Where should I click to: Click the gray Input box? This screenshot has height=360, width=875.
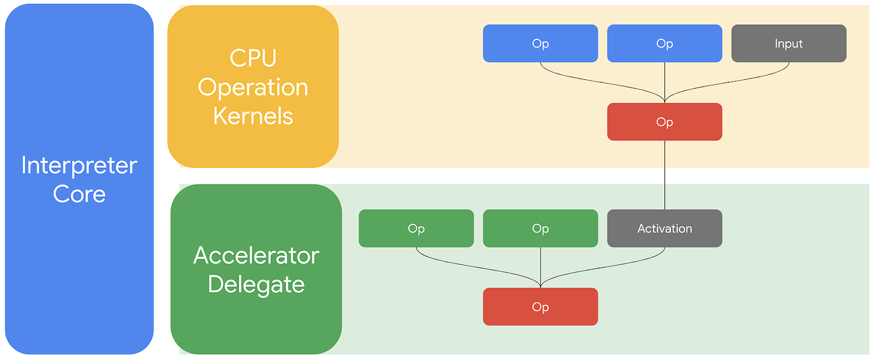(788, 44)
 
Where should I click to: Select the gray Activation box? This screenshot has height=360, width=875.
(664, 228)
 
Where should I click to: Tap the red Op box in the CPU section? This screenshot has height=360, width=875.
(664, 122)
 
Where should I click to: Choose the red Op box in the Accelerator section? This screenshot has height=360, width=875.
(540, 307)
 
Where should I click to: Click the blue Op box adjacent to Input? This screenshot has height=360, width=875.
(664, 44)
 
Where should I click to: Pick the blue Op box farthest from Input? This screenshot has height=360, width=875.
(540, 44)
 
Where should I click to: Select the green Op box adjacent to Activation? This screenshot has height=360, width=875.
(540, 228)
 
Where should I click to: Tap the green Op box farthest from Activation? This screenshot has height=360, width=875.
(416, 228)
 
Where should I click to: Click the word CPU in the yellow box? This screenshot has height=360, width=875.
(253, 58)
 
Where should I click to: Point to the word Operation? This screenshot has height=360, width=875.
(253, 87)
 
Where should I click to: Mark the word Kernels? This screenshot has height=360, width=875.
(253, 116)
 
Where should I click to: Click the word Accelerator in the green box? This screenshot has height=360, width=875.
(256, 255)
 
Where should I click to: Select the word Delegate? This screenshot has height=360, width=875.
(256, 285)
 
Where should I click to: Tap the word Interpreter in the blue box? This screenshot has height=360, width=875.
(79, 165)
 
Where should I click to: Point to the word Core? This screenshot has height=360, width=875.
(79, 194)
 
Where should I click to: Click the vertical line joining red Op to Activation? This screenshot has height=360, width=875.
(664, 175)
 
